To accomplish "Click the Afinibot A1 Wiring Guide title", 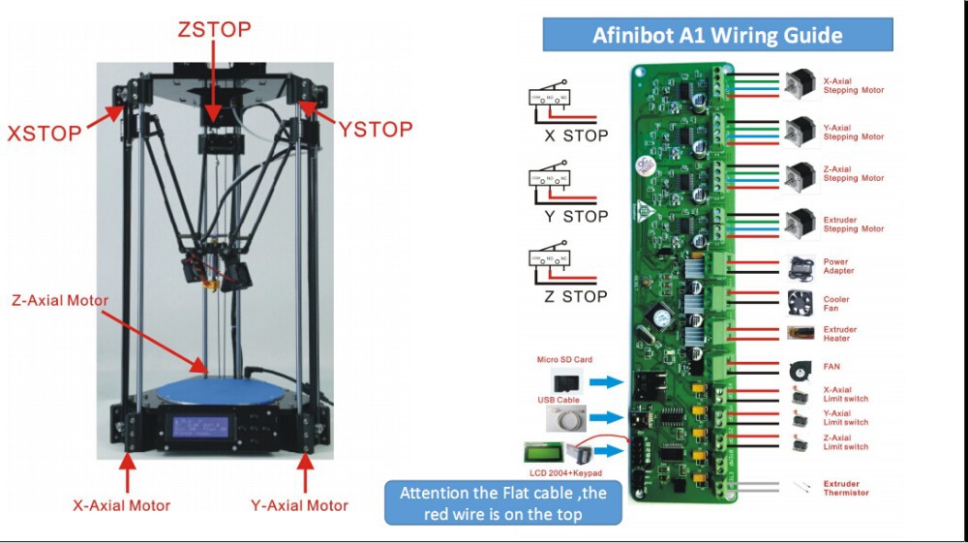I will pyautogui.click(x=717, y=37).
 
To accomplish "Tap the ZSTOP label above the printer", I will pyautogui.click(x=214, y=29).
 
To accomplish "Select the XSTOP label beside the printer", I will pyautogui.click(x=45, y=133).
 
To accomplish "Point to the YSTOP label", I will pyautogui.click(x=377, y=129).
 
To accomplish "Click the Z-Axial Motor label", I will pyautogui.click(x=60, y=300).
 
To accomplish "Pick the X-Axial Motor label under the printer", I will pyautogui.click(x=122, y=504).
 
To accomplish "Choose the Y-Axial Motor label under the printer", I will pyautogui.click(x=300, y=504).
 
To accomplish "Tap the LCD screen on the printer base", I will pyautogui.click(x=202, y=427).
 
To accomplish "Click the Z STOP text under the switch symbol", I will pyautogui.click(x=575, y=296).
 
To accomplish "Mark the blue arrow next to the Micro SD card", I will pyautogui.click(x=607, y=382).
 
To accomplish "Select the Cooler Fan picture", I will pyautogui.click(x=800, y=301).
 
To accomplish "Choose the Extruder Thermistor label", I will pyautogui.click(x=846, y=488).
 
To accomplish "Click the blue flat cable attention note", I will pyautogui.click(x=503, y=503).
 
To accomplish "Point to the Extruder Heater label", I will pyautogui.click(x=840, y=334).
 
